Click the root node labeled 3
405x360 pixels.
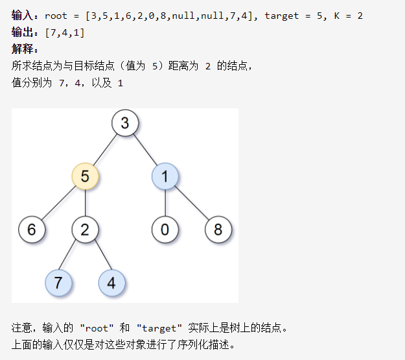pos(124,123)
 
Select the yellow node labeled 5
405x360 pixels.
pos(85,176)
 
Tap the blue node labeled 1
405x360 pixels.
pos(165,176)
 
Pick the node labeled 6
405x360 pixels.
pos(32,229)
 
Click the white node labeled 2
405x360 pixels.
pos(85,229)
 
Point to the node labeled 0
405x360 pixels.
pos(165,229)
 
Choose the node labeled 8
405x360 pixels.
pos(218,229)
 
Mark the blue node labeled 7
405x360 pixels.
pos(58,283)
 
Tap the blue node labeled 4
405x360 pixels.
pos(111,283)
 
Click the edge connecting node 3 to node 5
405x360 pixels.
pos(105,149)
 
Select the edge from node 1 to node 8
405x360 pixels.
pos(191,202)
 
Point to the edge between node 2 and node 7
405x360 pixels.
pos(72,256)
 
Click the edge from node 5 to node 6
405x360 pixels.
pos(58,202)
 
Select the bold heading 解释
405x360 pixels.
pos(25,49)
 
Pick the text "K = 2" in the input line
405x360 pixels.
pos(349,15)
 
